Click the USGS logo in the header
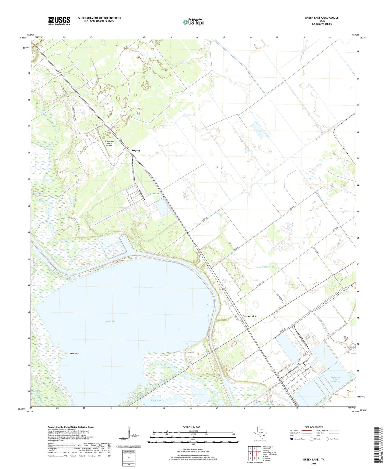59,20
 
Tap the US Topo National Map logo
193,22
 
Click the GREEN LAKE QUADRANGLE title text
321,18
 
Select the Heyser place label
136,151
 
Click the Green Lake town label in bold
249,316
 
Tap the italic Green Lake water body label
109,321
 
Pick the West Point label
74,353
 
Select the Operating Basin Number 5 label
335,379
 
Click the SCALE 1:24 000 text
191,427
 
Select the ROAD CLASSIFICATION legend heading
314,427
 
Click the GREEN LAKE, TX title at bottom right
314,460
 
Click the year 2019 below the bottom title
314,464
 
